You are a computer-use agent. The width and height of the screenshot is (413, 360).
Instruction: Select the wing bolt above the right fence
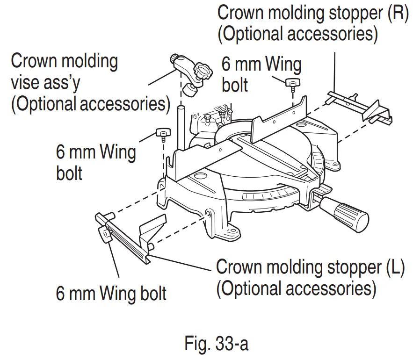click(x=293, y=84)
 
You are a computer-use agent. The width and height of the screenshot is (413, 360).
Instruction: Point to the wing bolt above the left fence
click(x=162, y=135)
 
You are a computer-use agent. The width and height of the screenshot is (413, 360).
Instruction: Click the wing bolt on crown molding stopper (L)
click(x=104, y=234)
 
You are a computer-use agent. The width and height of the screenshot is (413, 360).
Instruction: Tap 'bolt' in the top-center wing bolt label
click(x=235, y=86)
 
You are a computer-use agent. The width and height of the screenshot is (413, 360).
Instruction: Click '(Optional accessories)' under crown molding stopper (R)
click(x=297, y=35)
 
